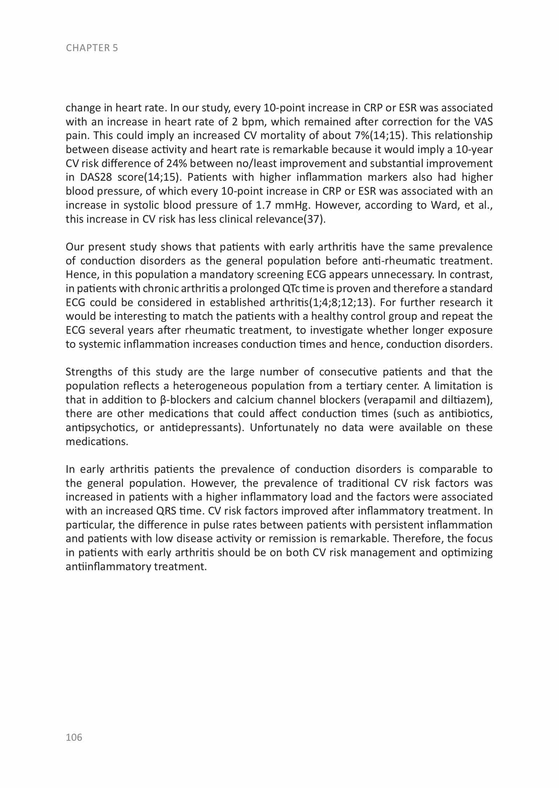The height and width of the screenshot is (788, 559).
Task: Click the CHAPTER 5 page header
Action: click(92, 48)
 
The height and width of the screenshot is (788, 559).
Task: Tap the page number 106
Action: click(74, 737)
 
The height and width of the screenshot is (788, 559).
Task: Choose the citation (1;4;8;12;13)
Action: click(335, 303)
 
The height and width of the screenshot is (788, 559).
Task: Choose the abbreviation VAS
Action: click(483, 122)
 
